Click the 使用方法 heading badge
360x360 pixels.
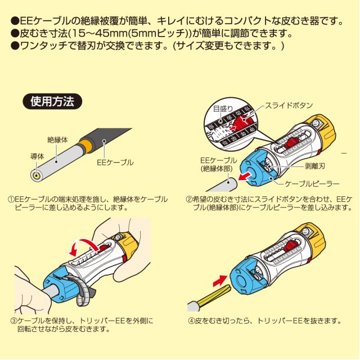(51, 102)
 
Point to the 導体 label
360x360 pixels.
(37, 155)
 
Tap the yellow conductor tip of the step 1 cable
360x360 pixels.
(36, 175)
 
